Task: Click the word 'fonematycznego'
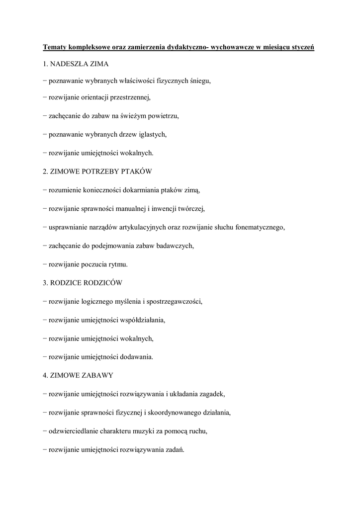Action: point(258,227)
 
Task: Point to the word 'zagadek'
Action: point(212,394)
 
